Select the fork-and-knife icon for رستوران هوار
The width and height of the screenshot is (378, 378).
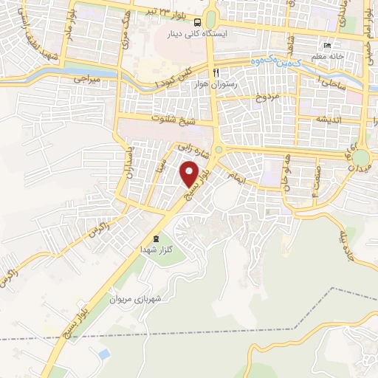[x=216, y=72]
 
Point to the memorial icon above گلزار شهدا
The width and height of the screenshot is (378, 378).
[x=155, y=238]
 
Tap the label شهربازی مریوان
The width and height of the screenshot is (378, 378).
[x=135, y=299]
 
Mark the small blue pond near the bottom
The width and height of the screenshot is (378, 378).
[x=104, y=354]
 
